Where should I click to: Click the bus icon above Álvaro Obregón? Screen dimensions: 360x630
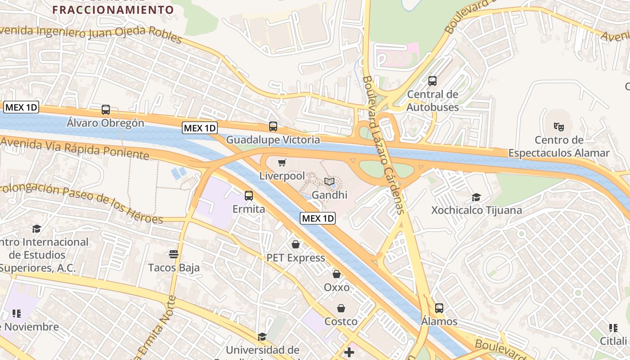coord(106,110)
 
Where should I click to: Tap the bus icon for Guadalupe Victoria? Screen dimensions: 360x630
coord(273,126)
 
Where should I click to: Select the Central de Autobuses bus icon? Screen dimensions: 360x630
coord(432,81)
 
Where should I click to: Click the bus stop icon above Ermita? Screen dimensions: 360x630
coord(248,196)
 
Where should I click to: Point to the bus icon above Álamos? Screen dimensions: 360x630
coord(439,308)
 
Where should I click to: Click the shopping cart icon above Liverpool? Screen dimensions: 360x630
coord(282,162)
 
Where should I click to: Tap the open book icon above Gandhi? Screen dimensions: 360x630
coord(329,181)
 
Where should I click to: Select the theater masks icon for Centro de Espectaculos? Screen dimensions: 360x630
coord(558,126)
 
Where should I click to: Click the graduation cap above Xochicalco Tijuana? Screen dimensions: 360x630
coord(476,197)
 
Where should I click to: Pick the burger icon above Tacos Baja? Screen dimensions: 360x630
coord(174,254)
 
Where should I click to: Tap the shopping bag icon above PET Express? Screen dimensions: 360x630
coord(296,244)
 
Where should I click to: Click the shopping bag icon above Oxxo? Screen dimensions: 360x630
coord(337,274)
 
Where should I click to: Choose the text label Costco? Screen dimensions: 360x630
coord(341,321)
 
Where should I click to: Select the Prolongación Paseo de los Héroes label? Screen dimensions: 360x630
coord(81,202)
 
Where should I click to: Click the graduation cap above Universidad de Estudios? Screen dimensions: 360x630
coord(262,337)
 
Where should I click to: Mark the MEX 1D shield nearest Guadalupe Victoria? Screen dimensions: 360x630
coord(200,128)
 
